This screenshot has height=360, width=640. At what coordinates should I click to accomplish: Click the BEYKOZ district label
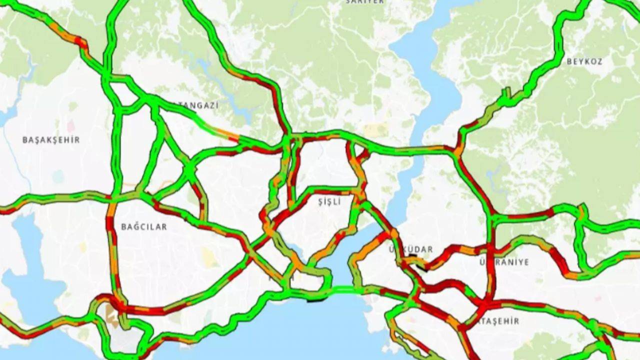coord(584,62)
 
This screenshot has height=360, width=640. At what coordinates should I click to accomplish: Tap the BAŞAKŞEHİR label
coord(50,140)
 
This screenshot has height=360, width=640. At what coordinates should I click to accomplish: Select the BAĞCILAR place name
coord(144,227)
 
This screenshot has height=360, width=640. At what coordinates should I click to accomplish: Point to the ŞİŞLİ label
coord(329,202)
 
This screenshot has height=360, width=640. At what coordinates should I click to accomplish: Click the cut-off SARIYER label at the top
coord(365,2)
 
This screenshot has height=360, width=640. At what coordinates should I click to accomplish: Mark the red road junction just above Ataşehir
coord(487,303)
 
